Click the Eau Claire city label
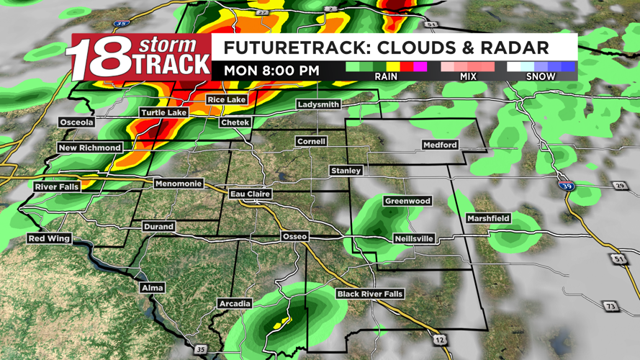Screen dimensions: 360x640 click(250, 194)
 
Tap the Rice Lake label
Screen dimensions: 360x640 click(226, 99)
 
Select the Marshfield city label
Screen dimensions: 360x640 click(488, 218)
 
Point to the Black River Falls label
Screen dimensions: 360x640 click(370, 294)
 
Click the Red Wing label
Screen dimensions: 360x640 click(49, 238)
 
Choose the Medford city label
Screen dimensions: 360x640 click(440, 145)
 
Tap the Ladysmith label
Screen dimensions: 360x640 click(318, 104)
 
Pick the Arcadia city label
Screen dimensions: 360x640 click(235, 304)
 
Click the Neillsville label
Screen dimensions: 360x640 click(414, 238)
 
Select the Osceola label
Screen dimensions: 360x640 click(76, 122)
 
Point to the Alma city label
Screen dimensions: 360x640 click(152, 287)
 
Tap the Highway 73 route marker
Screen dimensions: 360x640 click(610, 307)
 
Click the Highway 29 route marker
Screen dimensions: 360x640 click(620, 186)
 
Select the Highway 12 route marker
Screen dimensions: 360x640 click(440, 340)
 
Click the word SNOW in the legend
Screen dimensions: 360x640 click(540, 76)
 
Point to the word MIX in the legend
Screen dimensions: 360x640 click(468, 76)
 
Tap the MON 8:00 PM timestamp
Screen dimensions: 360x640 click(271, 71)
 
